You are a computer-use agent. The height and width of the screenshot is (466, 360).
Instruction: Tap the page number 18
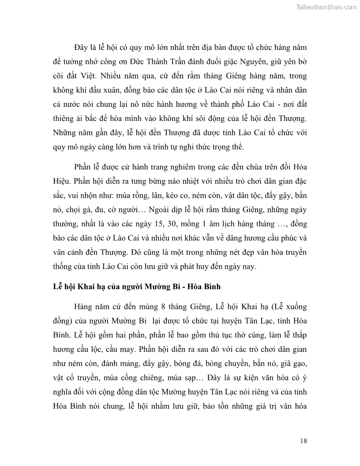click(303, 440)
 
